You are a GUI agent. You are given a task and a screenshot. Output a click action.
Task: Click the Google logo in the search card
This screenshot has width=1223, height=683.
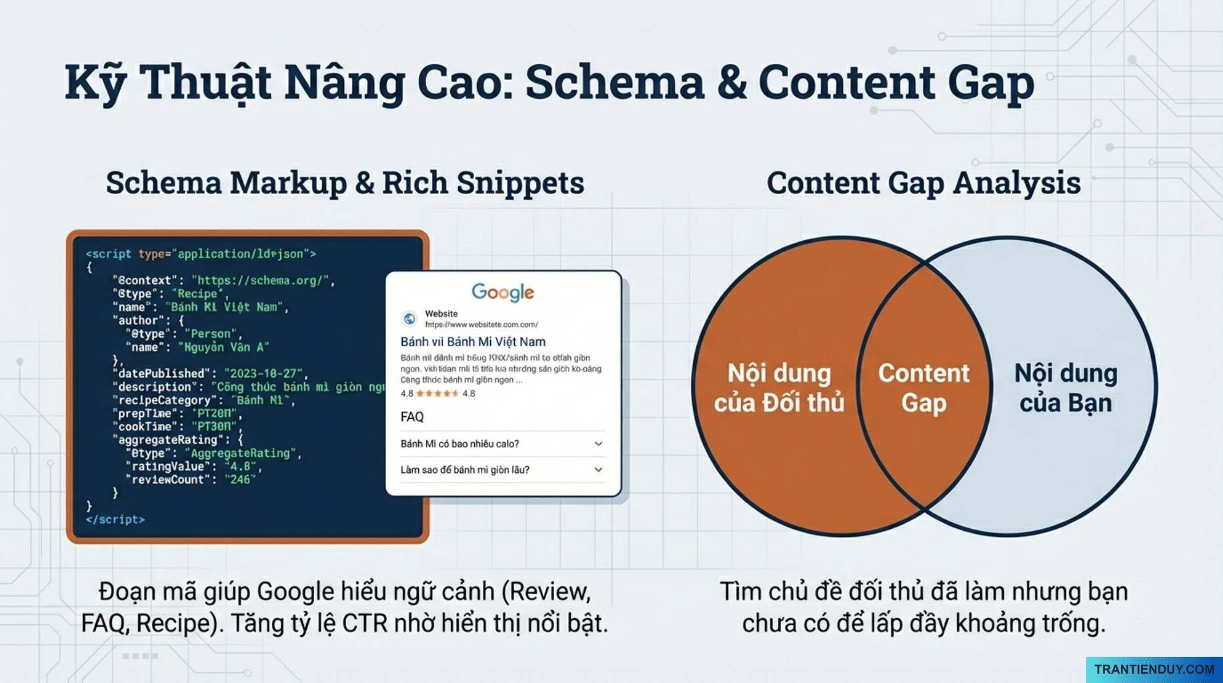pos(503,292)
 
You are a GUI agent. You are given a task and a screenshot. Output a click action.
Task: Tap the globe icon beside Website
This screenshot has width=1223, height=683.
pos(409,319)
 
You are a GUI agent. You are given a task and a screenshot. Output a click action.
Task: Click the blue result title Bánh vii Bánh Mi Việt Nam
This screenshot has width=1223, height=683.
pos(473,341)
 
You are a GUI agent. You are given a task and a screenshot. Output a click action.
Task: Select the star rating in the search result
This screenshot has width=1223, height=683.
pos(437,394)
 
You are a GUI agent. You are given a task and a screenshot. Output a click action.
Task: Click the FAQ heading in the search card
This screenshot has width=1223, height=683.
pos(411,417)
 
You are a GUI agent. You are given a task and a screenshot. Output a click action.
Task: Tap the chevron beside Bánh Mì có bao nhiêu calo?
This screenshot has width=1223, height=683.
pos(598,444)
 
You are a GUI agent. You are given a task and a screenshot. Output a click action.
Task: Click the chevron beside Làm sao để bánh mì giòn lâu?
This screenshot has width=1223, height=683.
pos(598,470)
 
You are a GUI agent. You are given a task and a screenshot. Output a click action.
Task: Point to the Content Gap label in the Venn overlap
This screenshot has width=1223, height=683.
pos(924,388)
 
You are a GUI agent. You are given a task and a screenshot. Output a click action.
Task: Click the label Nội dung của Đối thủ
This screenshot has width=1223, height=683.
pos(779,388)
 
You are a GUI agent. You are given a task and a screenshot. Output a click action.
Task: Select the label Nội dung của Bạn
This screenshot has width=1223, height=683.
pos(1066,388)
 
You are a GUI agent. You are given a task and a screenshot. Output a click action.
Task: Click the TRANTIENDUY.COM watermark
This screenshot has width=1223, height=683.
pos(1154,669)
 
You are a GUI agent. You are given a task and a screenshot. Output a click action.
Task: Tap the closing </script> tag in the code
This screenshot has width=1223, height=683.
pos(115,520)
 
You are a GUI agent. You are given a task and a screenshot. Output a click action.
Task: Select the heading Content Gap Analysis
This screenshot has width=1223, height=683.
pos(924,183)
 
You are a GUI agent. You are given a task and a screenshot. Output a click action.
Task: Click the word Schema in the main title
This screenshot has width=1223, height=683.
pos(614,83)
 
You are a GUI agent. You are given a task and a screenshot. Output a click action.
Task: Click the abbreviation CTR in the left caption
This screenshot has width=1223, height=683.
pos(364,624)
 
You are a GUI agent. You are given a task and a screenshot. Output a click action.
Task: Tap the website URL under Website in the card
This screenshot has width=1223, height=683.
pos(481,325)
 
